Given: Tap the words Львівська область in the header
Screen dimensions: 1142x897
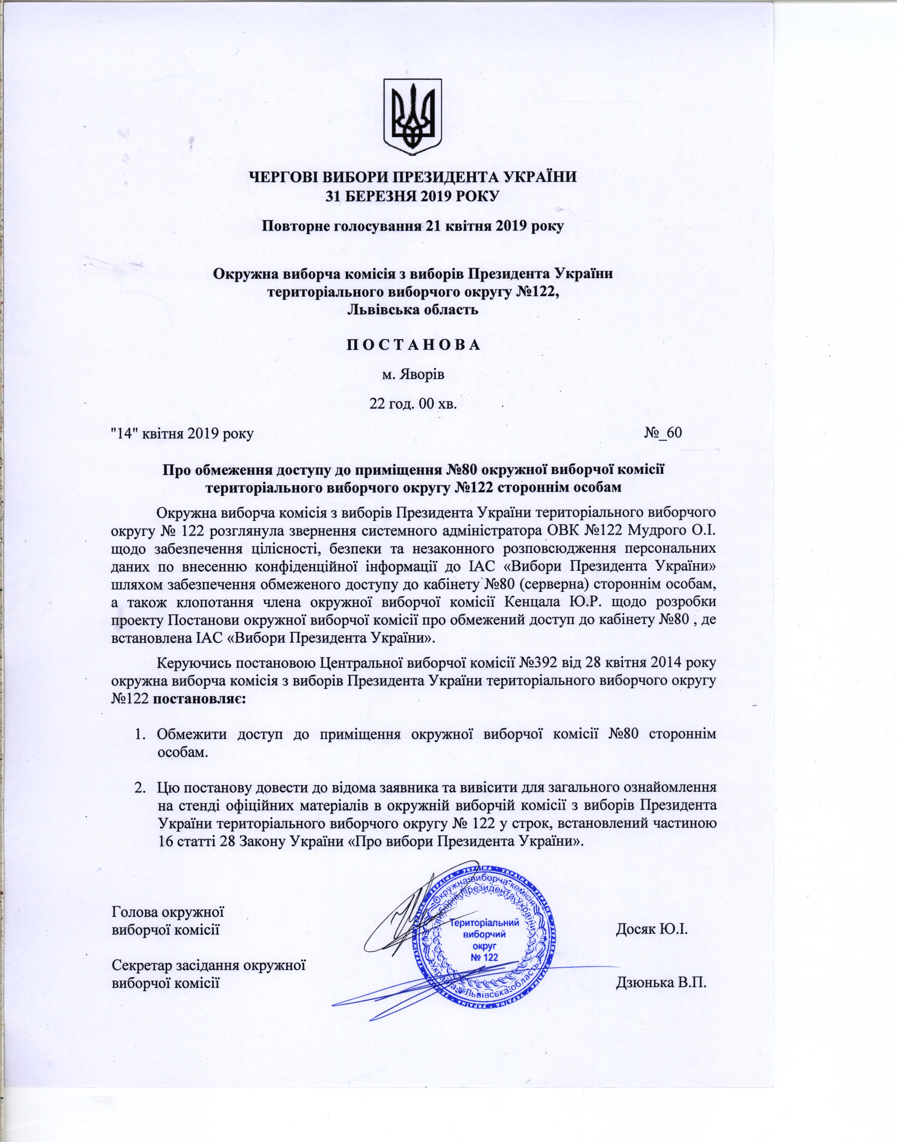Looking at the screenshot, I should click(x=412, y=309).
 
